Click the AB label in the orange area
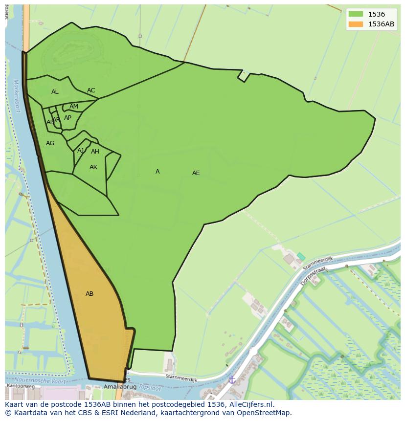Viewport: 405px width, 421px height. (90, 294)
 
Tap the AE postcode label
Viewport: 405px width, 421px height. (196, 173)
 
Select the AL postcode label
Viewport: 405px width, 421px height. (55, 92)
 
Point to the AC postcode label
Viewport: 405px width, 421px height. (91, 90)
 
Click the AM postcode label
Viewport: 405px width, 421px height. (74, 107)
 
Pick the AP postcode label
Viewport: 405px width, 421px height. (67, 118)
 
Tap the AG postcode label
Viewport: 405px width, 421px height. (50, 143)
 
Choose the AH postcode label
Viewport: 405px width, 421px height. (95, 152)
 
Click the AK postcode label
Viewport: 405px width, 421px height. (93, 167)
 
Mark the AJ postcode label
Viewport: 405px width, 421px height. (80, 151)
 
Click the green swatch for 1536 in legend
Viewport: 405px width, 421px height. (356, 14)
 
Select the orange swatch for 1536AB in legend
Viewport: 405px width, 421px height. (356, 24)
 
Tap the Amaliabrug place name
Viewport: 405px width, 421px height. (120, 387)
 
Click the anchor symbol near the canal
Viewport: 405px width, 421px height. (232, 379)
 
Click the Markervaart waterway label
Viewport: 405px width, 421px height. (18, 96)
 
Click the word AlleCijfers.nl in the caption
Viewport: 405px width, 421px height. (251, 404)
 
